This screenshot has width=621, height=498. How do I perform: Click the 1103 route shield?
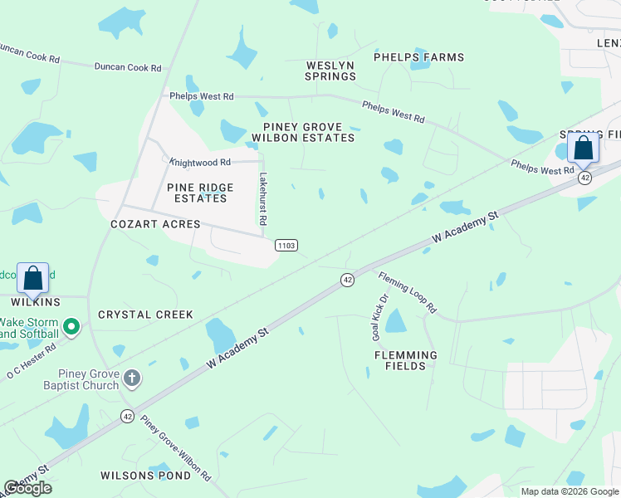[x=286, y=245]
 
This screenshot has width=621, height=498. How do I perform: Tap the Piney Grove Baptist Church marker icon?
[x=131, y=379]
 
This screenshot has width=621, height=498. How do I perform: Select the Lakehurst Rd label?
[x=262, y=199]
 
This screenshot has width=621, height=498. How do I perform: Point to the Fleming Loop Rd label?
[x=408, y=292]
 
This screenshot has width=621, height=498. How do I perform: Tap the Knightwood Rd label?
[x=199, y=163]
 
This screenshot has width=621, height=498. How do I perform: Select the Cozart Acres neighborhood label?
[x=156, y=224]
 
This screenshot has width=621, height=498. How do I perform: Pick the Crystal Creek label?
[x=145, y=315]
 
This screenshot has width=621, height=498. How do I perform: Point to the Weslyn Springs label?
[x=331, y=71]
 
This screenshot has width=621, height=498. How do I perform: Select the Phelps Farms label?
[x=418, y=57]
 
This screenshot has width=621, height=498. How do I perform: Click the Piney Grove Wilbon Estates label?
[x=303, y=133]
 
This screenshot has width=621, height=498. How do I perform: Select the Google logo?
[x=27, y=488]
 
